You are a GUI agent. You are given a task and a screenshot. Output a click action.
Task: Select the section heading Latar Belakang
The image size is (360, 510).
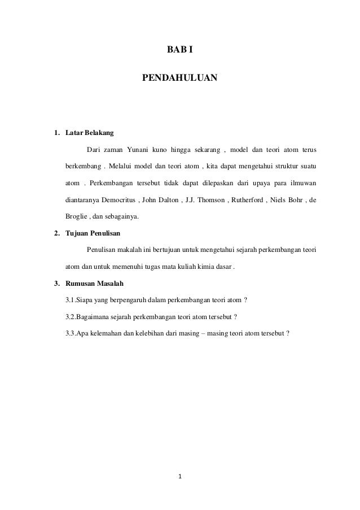[90, 134]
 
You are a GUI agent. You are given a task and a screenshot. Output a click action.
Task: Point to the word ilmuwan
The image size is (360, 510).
[304, 183]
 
